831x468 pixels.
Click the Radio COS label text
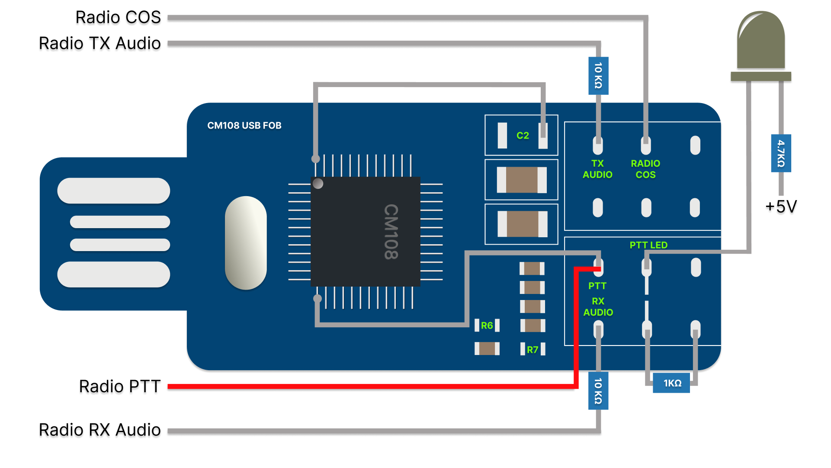pos(118,17)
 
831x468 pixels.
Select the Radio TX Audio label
pos(99,43)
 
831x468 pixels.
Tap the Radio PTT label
pos(119,386)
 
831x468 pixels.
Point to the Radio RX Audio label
pos(99,430)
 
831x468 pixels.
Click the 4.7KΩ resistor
pos(781,153)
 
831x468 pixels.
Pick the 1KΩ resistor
pos(671,383)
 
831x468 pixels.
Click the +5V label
pos(781,207)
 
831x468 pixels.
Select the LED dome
pos(761,41)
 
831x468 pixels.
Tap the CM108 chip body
pos(366,232)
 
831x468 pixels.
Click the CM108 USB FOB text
pos(244,126)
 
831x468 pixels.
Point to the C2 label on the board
pos(523,136)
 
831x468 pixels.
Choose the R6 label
pos(487,325)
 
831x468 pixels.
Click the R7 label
pos(533,349)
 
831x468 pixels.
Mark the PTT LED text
pos(648,245)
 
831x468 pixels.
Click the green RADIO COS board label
pos(645,169)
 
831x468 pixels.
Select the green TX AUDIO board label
pos(597,169)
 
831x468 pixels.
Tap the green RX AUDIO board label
pos(598,307)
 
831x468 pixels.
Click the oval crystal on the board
pos(246,243)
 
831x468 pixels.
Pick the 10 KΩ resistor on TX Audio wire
pos(598,76)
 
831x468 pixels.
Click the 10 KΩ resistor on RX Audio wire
pos(598,391)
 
